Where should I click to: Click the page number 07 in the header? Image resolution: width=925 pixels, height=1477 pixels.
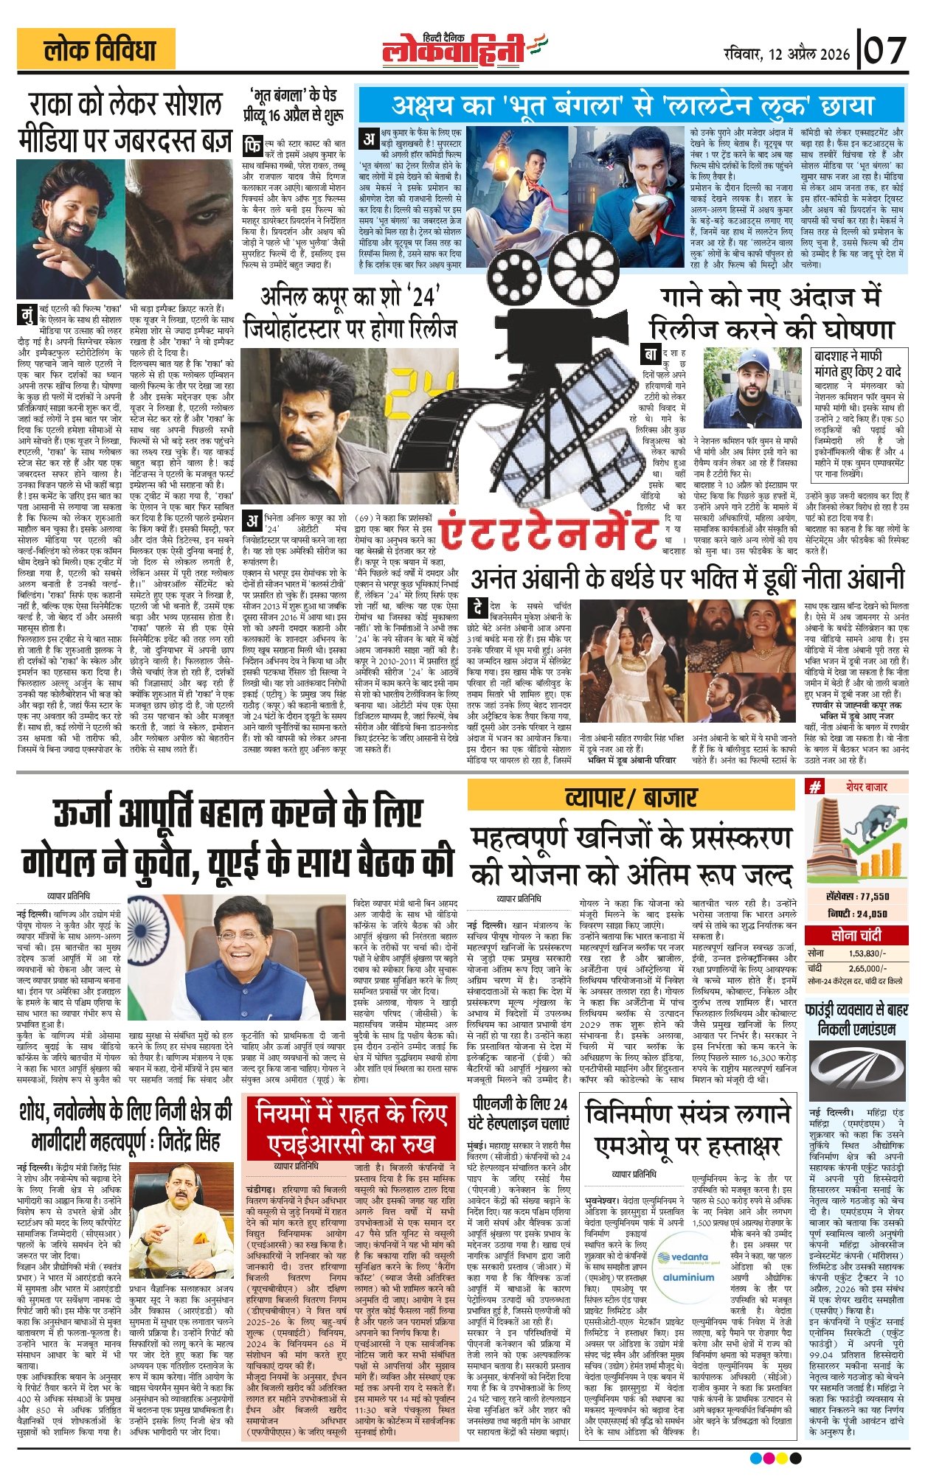(x=885, y=51)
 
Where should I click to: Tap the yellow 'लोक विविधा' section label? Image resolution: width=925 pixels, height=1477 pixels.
(x=97, y=50)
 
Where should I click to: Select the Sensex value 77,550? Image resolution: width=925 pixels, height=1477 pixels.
(x=857, y=896)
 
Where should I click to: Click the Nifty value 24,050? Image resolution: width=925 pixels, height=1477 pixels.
(x=857, y=914)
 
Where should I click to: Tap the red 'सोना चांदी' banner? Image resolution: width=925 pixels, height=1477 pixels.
(x=855, y=935)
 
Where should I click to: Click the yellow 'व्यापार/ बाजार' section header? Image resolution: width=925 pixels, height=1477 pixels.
(x=631, y=796)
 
